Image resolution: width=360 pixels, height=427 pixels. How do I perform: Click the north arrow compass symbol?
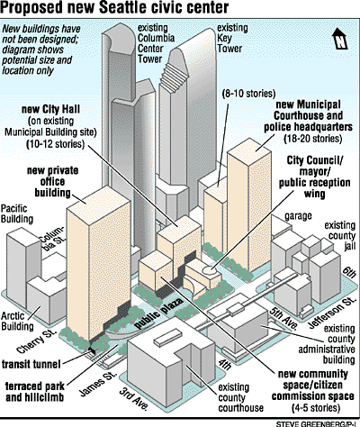[340, 38]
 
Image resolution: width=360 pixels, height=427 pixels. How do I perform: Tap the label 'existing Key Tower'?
[232, 38]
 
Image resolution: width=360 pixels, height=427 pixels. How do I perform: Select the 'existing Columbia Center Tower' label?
[156, 43]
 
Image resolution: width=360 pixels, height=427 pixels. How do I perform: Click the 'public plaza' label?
[158, 313]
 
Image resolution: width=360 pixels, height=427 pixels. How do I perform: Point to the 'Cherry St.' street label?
[37, 341]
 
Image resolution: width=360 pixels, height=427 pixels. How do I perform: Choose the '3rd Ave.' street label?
[134, 399]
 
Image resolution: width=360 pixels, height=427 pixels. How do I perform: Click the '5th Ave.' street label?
[283, 317]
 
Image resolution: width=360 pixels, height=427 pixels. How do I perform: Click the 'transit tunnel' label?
[31, 365]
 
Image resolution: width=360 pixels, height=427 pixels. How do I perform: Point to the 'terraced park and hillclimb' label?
[35, 392]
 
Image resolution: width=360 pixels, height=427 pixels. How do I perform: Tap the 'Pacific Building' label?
[17, 213]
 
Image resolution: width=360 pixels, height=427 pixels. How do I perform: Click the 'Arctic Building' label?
[17, 321]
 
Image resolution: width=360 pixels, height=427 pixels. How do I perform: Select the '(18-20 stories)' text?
[312, 139]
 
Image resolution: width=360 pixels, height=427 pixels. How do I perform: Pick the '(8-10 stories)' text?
[248, 94]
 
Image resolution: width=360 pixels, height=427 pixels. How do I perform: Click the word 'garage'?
[298, 215]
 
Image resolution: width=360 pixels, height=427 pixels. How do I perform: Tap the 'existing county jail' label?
[340, 236]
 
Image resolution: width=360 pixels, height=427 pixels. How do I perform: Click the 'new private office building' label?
[53, 182]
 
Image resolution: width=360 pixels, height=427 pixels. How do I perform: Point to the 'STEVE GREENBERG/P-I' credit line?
[318, 423]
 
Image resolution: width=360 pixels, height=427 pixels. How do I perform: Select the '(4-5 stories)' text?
[316, 408]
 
